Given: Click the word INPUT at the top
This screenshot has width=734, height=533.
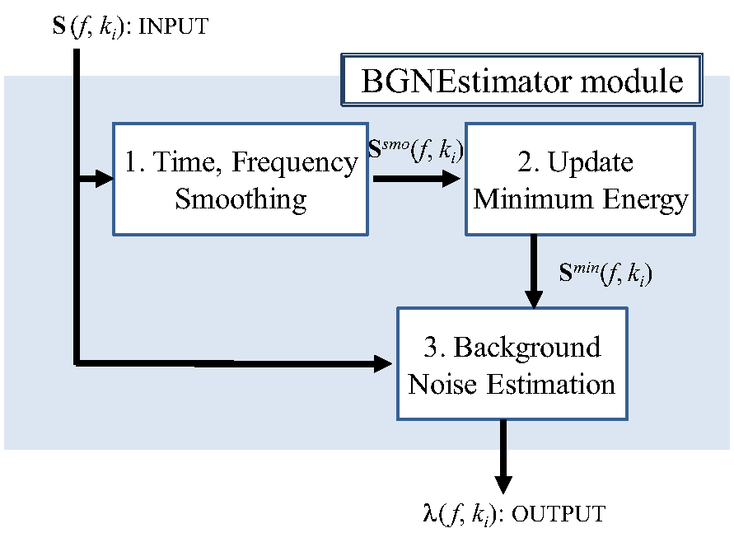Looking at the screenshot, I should click(x=173, y=27).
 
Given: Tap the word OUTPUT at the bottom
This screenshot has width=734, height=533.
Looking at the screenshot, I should click(x=559, y=515).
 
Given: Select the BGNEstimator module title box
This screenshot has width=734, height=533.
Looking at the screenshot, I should click(x=521, y=82).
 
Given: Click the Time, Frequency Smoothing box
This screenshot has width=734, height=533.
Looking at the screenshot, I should click(x=240, y=180).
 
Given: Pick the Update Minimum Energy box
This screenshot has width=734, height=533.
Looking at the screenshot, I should click(x=580, y=180).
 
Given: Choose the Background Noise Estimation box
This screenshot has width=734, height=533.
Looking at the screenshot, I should click(x=512, y=363).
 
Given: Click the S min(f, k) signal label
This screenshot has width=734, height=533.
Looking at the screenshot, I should click(x=605, y=273).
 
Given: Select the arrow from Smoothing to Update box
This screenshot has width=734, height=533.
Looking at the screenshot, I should click(x=415, y=179).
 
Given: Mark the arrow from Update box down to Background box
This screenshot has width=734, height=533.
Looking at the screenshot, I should click(x=534, y=272).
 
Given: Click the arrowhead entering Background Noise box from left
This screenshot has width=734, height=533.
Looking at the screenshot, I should click(x=385, y=362).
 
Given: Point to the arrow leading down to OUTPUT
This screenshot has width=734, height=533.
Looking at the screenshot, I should click(x=502, y=461).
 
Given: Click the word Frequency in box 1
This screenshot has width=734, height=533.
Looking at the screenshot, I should click(x=295, y=162).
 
